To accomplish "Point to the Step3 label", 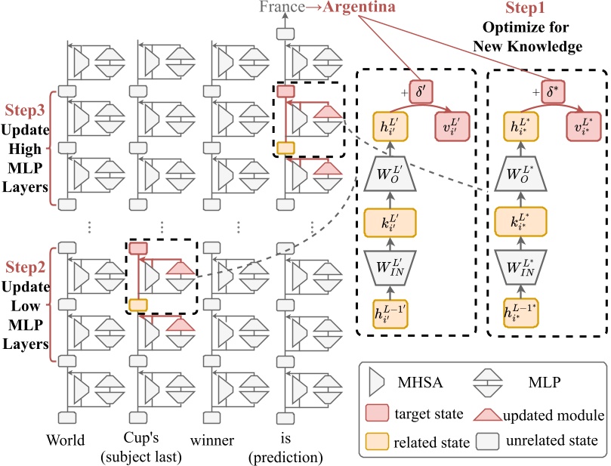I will [26, 110].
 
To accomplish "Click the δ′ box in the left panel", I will [422, 88].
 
